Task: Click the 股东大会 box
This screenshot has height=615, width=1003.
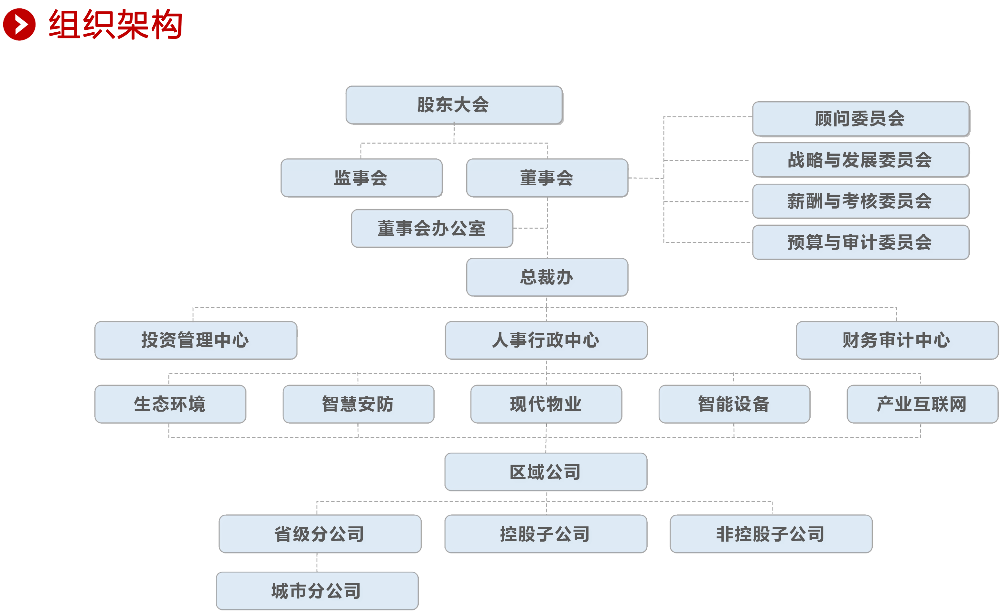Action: pyautogui.click(x=454, y=105)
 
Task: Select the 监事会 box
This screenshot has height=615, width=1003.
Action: pyautogui.click(x=361, y=178)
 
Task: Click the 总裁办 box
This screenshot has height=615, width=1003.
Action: pyautogui.click(x=547, y=277)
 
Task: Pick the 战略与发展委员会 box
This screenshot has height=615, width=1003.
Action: pyautogui.click(x=860, y=160)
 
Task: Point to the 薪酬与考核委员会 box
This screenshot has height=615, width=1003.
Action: pyautogui.click(x=860, y=201)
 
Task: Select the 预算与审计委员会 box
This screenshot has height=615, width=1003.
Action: pyautogui.click(x=860, y=242)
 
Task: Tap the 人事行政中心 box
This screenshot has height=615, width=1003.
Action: pyautogui.click(x=546, y=340)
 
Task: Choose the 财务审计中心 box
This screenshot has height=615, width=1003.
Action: pyautogui.click(x=897, y=340)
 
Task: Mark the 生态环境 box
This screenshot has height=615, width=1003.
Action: pyautogui.click(x=170, y=404)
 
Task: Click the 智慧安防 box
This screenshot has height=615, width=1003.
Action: pyautogui.click(x=358, y=404)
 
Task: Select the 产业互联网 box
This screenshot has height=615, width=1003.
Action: pyautogui.click(x=922, y=404)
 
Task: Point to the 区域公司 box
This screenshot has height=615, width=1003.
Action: pyautogui.click(x=545, y=472)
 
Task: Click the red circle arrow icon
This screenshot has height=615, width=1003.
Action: pyautogui.click(x=19, y=25)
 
